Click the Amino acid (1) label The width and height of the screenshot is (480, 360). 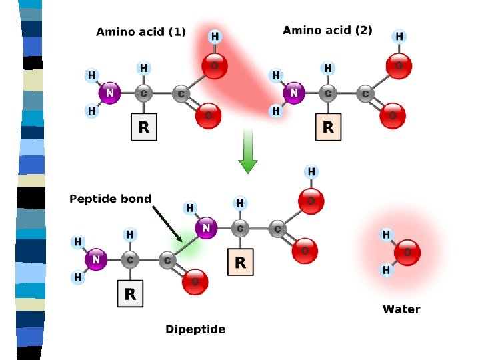click(x=141, y=31)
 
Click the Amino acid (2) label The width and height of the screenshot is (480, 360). click(x=327, y=30)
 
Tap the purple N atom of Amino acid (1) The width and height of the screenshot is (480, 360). click(x=109, y=94)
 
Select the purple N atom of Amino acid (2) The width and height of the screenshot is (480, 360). click(x=292, y=94)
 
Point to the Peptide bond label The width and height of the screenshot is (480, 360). click(x=110, y=199)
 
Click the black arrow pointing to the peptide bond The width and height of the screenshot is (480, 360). click(x=167, y=222)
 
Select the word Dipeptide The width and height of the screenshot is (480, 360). click(x=195, y=329)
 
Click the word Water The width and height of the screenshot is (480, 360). click(x=401, y=309)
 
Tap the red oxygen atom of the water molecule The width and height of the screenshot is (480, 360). click(x=407, y=253)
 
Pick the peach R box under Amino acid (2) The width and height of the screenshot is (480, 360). click(x=327, y=127)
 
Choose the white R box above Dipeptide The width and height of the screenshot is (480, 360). click(x=130, y=294)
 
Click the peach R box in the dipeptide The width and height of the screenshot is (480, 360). click(x=240, y=263)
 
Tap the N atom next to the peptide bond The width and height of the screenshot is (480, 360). click(x=206, y=229)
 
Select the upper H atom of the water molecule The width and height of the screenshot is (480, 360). click(x=386, y=235)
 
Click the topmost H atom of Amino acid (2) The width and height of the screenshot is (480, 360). click(x=399, y=36)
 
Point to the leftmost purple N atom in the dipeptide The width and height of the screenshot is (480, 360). click(x=96, y=259)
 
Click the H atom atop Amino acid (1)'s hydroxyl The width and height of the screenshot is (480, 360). click(x=215, y=36)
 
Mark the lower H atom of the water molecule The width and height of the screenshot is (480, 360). click(x=386, y=270)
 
